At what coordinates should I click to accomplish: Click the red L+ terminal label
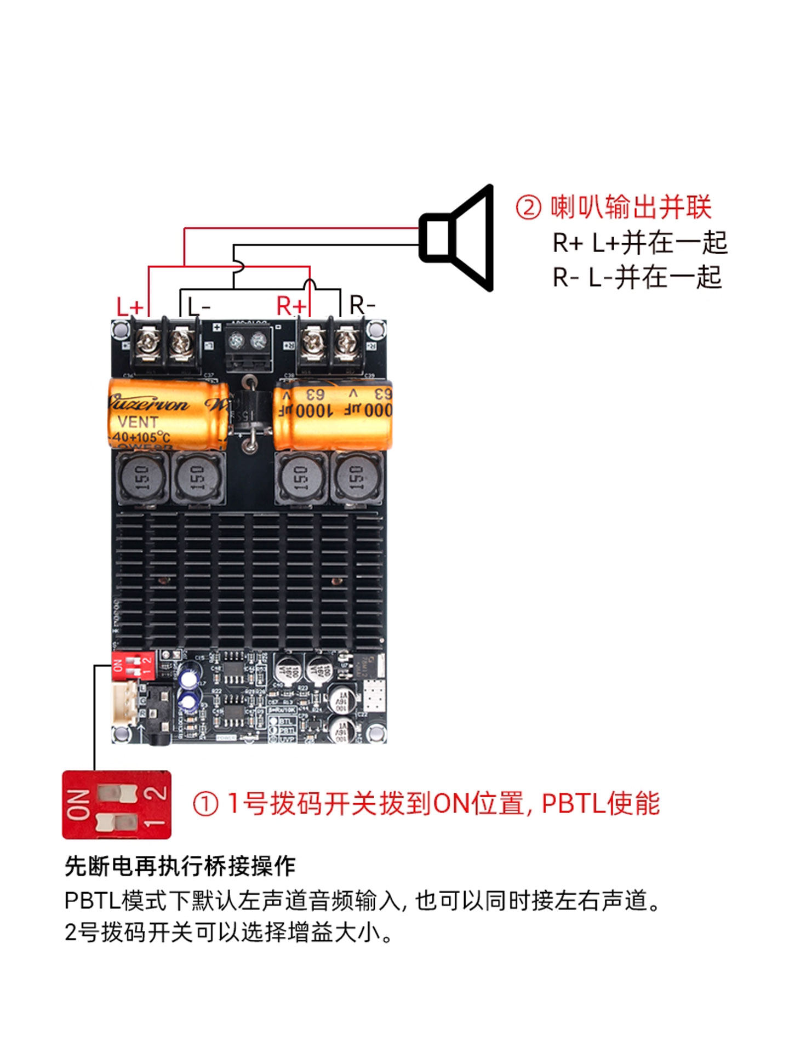click(x=129, y=306)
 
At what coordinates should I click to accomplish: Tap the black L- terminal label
click(x=198, y=306)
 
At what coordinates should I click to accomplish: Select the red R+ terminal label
click(x=291, y=305)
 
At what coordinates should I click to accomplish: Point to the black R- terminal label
click(x=362, y=305)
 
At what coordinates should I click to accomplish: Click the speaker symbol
click(x=457, y=237)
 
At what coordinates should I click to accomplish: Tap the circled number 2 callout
click(x=528, y=208)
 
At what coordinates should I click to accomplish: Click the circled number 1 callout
click(x=205, y=804)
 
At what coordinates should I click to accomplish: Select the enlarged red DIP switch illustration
click(x=117, y=804)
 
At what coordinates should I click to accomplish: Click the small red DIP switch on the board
click(x=133, y=665)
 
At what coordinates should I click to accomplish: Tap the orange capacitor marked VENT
click(x=167, y=414)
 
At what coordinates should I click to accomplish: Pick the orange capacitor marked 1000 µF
click(x=333, y=413)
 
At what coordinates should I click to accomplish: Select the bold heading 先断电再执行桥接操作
click(x=180, y=866)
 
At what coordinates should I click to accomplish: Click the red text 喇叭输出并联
click(x=631, y=208)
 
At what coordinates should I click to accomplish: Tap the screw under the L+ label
click(x=147, y=344)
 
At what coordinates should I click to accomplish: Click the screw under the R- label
click(x=346, y=343)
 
